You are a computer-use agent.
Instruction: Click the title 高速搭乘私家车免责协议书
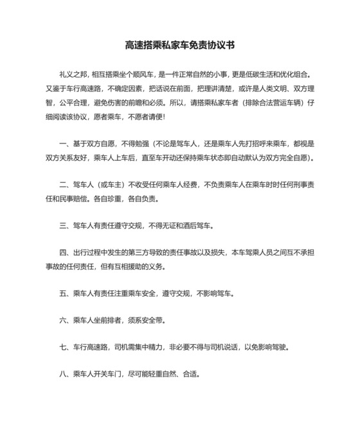pyautogui.click(x=179, y=46)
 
